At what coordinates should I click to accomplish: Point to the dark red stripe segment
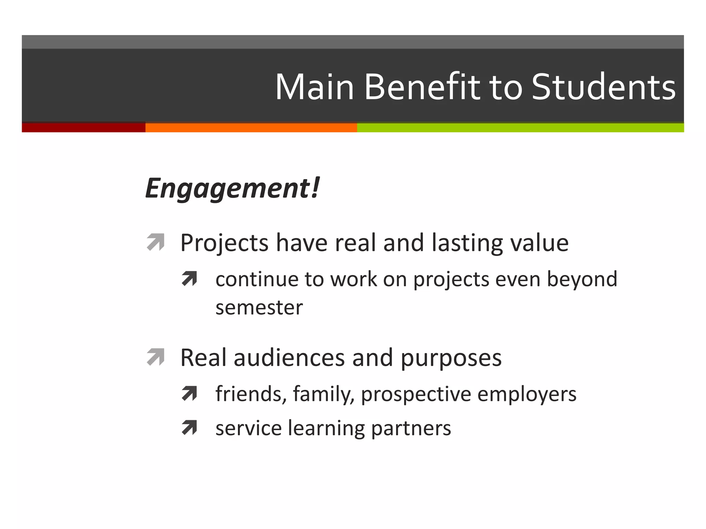point(83,127)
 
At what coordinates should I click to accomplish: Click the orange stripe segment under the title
point(251,127)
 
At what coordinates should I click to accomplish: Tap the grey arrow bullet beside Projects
point(155,242)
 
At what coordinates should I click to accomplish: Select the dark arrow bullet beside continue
point(189,279)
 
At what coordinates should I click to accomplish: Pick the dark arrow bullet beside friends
point(189,394)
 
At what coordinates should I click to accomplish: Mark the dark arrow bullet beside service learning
point(189,428)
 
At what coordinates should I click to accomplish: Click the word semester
point(259,308)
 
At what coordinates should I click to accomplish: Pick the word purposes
point(451,358)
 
